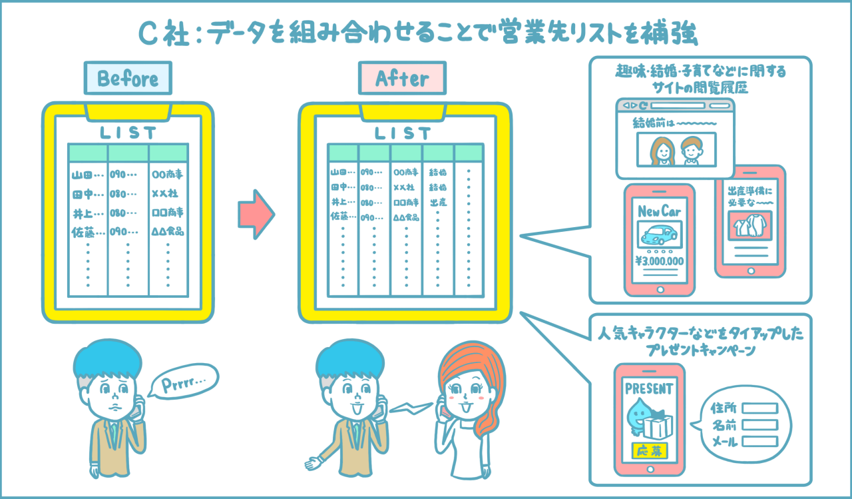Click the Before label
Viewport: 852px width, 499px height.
click(x=128, y=79)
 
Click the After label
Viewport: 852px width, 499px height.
click(x=402, y=79)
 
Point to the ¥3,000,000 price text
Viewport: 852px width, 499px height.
click(x=660, y=261)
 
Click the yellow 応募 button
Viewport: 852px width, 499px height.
click(x=648, y=451)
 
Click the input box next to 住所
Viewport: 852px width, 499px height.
click(x=759, y=408)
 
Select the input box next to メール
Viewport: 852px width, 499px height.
click(x=759, y=441)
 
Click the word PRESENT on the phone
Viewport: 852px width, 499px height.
click(x=648, y=388)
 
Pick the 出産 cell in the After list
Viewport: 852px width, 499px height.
click(x=437, y=202)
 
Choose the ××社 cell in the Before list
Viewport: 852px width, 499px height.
click(x=166, y=194)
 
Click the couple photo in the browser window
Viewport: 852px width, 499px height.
click(x=676, y=150)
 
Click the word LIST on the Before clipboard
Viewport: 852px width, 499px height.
click(x=128, y=133)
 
